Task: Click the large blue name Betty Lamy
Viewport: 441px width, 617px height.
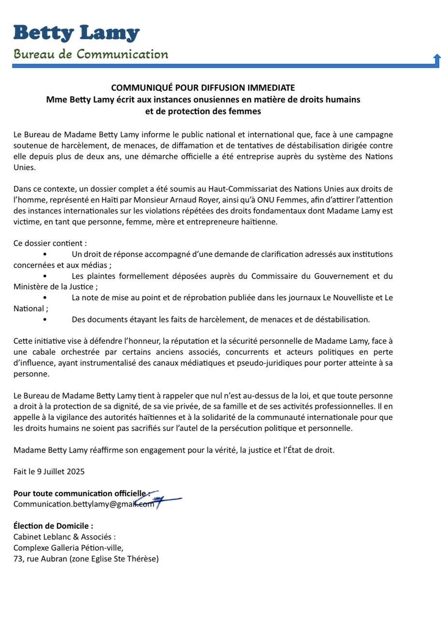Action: coord(76,33)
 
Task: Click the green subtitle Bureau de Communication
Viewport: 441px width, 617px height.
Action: coord(91,54)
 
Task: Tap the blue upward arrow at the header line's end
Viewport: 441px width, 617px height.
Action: coord(437,60)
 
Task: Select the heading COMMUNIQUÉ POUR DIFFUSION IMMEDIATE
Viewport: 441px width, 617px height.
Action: coord(203,88)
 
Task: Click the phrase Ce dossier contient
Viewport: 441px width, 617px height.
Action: coord(49,243)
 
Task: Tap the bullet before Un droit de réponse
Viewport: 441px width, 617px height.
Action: coord(45,254)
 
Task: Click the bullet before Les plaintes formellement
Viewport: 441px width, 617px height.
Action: coord(45,276)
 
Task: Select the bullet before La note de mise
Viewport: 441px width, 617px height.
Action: coord(45,298)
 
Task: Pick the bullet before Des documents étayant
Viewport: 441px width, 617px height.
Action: coord(45,320)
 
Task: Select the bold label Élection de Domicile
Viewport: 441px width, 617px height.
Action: coord(53,526)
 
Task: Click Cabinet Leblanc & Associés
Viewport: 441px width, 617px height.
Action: coord(65,537)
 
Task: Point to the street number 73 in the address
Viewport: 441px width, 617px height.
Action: coord(18,559)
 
